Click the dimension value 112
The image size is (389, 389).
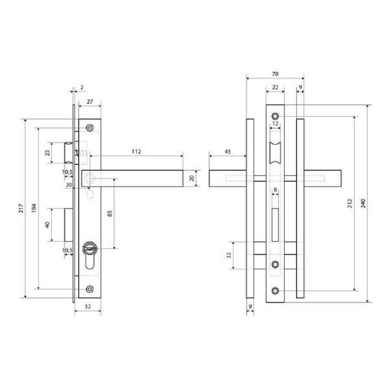click(136, 151)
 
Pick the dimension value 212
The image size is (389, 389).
click(349, 203)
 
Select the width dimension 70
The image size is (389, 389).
click(275, 74)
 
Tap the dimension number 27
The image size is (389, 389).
click(90, 101)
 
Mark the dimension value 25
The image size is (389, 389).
click(47, 152)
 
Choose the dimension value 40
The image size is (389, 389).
click(47, 225)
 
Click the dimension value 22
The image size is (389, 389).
click(275, 87)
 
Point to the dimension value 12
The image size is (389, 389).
click(275, 124)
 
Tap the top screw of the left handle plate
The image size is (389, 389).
click(90, 127)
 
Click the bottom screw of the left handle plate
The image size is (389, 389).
click(90, 289)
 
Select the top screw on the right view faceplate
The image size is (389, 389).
click(275, 116)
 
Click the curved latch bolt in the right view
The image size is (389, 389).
click(275, 153)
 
